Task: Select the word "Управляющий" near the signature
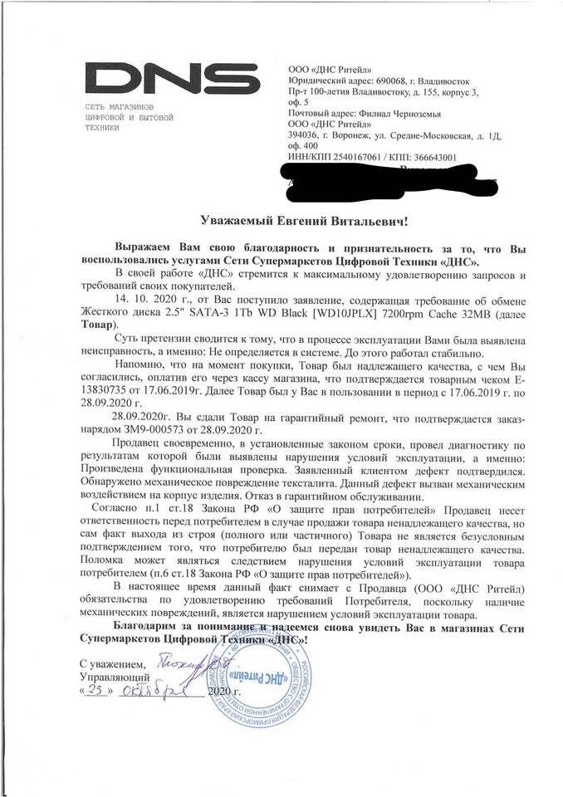(x=110, y=676)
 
